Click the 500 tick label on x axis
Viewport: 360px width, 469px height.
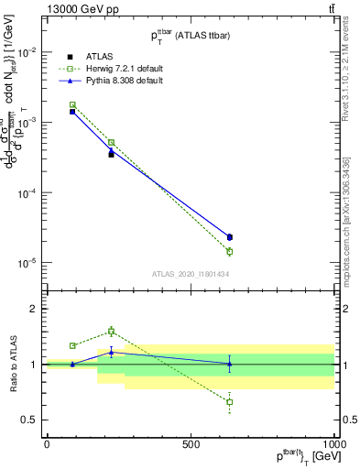[x=191, y=444]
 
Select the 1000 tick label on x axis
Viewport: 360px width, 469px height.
[x=333, y=444]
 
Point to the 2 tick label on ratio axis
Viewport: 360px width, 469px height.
[x=34, y=309]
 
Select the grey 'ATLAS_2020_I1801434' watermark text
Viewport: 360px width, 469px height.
[x=191, y=274]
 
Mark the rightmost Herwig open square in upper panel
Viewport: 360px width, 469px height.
[x=229, y=251]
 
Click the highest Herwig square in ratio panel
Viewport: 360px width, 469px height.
[x=111, y=331]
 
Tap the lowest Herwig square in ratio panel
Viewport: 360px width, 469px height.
[x=229, y=402]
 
